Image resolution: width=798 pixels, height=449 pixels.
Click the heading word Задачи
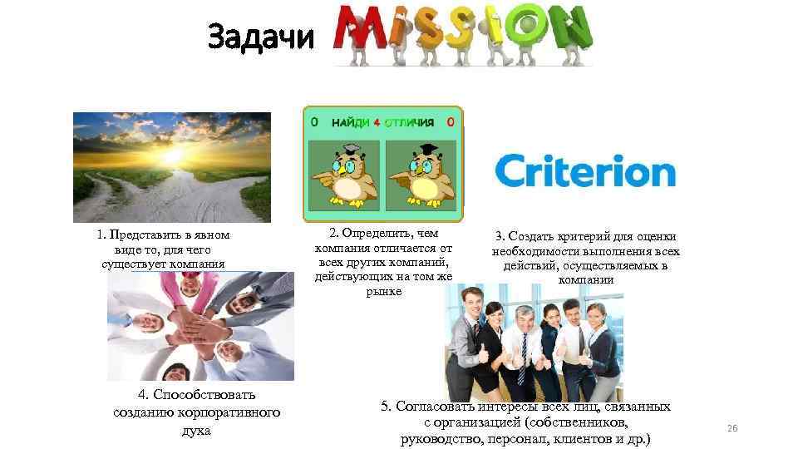tap(261, 37)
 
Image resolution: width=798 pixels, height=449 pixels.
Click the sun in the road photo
tap(173, 155)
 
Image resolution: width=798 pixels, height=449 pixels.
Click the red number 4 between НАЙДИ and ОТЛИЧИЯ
tap(377, 122)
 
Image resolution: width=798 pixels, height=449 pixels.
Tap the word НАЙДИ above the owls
tap(351, 122)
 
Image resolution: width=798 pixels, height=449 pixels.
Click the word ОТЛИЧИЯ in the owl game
tap(409, 122)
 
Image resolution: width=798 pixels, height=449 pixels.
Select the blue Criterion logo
tap(585, 171)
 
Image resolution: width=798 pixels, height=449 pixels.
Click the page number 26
tap(732, 427)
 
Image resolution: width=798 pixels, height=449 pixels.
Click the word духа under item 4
tap(196, 431)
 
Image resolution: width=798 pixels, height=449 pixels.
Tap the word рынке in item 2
tap(383, 292)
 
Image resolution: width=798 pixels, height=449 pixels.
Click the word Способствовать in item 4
tap(197, 394)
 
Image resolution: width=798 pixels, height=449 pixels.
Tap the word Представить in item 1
tap(143, 235)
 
